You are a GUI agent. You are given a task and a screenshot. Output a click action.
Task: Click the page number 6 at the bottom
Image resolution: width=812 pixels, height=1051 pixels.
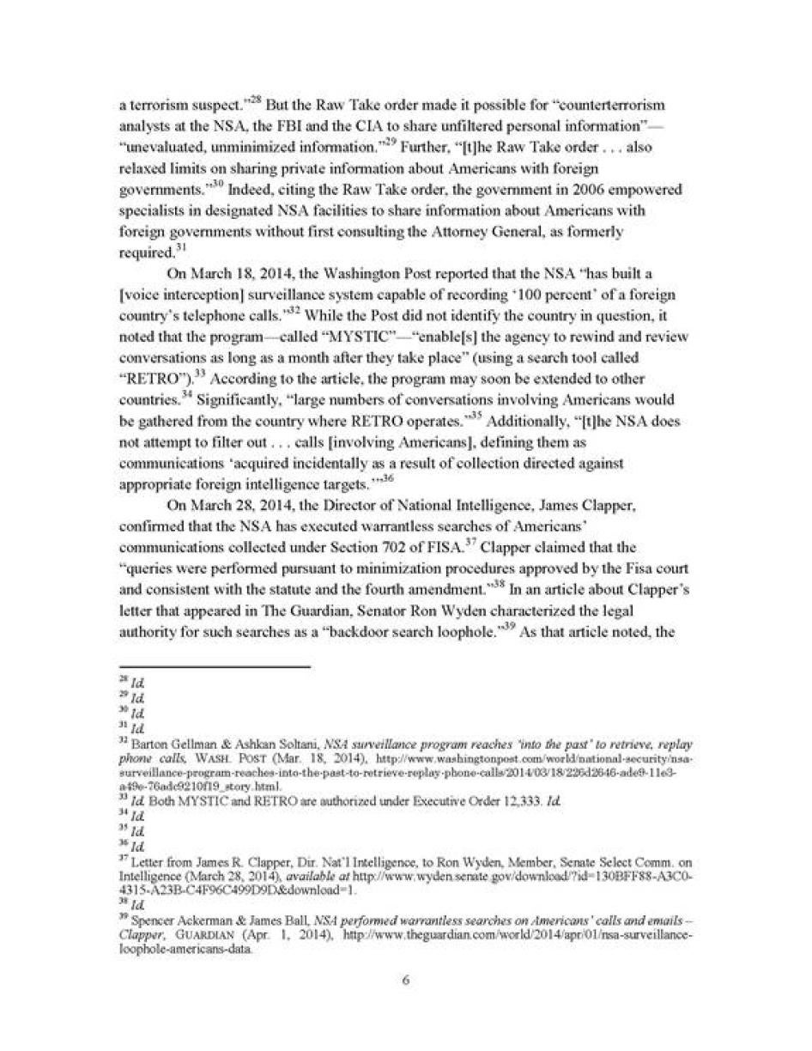(405, 981)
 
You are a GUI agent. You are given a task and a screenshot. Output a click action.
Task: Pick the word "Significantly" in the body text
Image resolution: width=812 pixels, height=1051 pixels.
(237, 400)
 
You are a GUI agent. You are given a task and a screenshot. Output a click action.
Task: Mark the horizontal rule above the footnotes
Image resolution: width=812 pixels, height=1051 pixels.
(214, 666)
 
